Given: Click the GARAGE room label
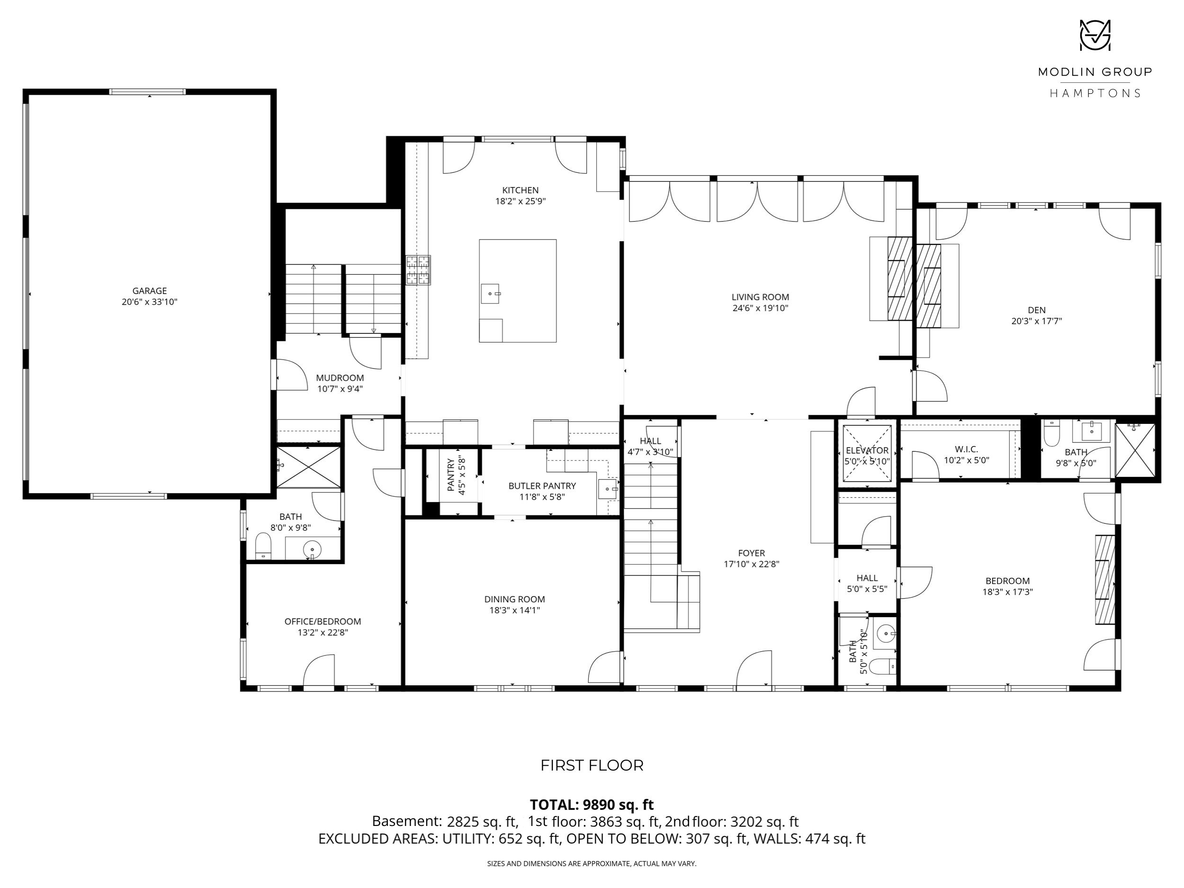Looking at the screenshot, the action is tap(149, 291).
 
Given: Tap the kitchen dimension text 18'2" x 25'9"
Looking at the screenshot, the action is tap(520, 202).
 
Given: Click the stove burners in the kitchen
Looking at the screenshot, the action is tap(418, 270).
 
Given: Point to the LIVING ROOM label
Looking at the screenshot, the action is tap(760, 297).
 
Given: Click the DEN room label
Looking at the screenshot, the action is tap(1036, 310).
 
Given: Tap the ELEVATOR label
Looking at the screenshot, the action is tap(867, 451).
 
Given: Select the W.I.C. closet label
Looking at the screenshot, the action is tap(966, 449).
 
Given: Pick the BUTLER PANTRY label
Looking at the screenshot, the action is tap(542, 486).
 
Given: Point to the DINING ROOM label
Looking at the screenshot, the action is tap(514, 600).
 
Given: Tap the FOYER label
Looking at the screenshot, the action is tap(752, 553).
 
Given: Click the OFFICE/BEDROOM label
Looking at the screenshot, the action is tap(323, 621).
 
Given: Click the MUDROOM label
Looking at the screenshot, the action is tap(340, 378).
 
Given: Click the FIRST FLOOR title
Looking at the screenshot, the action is tap(592, 765).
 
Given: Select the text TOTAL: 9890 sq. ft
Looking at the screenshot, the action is tap(592, 805).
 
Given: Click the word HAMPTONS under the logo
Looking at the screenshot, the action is tap(1094, 93).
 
